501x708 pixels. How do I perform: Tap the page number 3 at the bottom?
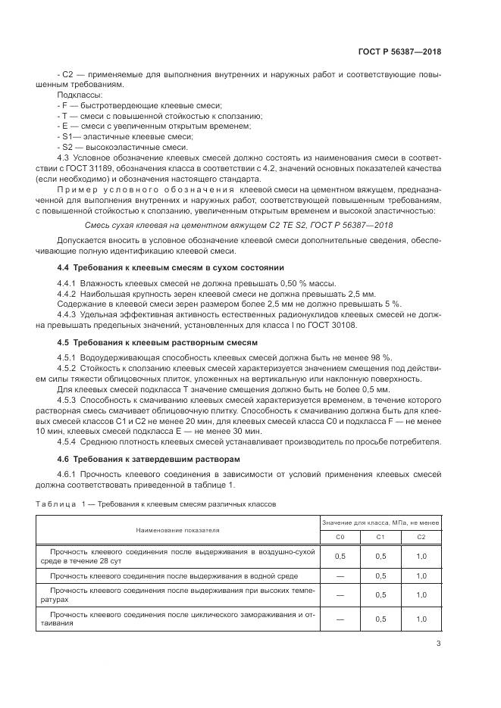coord(438,644)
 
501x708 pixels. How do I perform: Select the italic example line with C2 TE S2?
coord(250,225)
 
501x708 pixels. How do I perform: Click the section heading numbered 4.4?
coord(171,267)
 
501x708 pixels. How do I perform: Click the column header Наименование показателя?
coord(177,530)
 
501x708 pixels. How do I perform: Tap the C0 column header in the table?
coord(340,536)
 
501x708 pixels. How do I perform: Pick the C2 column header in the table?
coord(421,536)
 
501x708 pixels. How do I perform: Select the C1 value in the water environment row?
coord(381,575)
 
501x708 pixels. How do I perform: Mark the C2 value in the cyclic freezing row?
coord(421,619)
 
